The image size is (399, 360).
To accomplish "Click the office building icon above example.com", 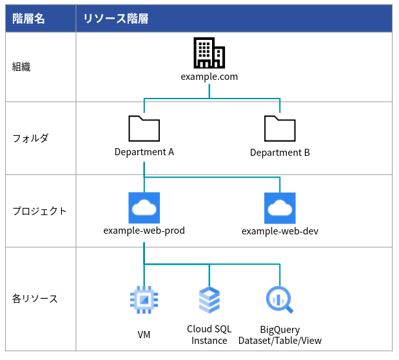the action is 209,53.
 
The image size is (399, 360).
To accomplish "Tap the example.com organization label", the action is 209,77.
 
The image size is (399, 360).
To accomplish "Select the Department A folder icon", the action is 144,128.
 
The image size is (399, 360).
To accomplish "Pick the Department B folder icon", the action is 280,128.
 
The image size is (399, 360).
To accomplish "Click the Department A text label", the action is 144,152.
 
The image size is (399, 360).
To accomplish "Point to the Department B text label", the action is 280,153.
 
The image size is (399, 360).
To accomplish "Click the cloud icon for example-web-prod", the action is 144,208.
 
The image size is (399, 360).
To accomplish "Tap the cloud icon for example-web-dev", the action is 280,208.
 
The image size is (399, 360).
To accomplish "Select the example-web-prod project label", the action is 144,231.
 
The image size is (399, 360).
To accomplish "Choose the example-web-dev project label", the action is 280,231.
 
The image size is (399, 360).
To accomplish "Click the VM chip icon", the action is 144,299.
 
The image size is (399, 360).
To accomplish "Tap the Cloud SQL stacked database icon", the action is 209,299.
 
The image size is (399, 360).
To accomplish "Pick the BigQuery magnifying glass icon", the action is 280,299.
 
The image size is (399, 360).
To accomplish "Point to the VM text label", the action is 144,335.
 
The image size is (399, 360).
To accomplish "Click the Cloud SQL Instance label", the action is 209,335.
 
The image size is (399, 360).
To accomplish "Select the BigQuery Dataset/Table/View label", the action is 280,335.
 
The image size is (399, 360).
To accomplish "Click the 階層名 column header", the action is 28,19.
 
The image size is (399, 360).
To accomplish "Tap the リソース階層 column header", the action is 116,19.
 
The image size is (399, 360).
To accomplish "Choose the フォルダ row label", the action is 30,138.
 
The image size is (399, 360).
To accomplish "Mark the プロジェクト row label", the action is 40,211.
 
